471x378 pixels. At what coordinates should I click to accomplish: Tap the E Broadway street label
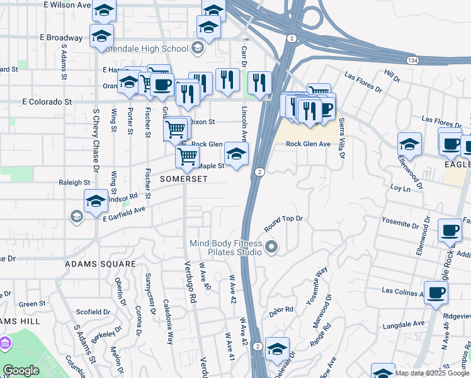click(x=60, y=38)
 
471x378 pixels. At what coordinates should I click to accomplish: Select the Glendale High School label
click(x=149, y=49)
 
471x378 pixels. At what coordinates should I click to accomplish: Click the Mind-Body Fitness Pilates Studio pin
click(x=271, y=246)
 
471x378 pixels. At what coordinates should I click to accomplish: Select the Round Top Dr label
click(x=284, y=219)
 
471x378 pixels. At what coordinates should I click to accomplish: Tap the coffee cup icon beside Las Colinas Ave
click(x=436, y=292)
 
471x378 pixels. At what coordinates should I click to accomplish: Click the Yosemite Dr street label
click(x=400, y=224)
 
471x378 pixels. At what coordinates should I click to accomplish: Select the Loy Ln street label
click(x=400, y=188)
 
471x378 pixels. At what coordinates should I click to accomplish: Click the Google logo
click(x=21, y=370)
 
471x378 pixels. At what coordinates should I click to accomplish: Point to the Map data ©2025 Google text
click(x=432, y=373)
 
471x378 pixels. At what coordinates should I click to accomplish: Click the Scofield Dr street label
click(x=93, y=312)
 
